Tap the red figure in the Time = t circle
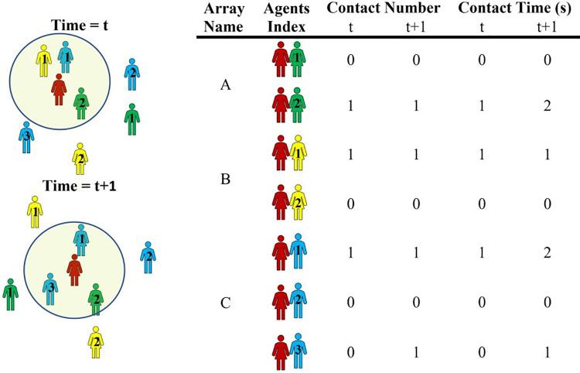(57, 89)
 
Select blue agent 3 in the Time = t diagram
(26, 136)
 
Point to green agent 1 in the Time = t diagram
(132, 118)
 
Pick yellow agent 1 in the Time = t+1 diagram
(35, 211)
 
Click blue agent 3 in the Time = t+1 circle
(50, 288)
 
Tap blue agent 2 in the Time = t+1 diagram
(147, 257)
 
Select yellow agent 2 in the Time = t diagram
(79, 159)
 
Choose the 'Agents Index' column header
(287, 18)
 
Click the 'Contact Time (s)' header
(513, 10)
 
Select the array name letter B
(226, 180)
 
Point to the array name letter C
(226, 303)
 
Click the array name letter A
(226, 85)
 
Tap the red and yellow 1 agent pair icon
(287, 152)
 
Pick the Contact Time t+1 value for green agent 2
(547, 105)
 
